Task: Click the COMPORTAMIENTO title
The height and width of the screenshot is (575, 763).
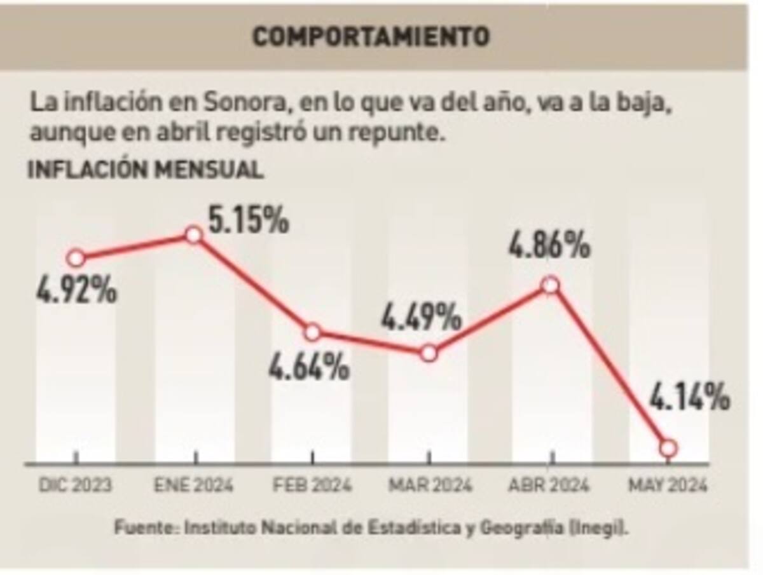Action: (371, 37)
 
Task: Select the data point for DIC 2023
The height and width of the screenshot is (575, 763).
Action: (76, 258)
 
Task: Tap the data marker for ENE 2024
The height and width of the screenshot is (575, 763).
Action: (194, 235)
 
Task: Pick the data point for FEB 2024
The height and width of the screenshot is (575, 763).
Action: (312, 332)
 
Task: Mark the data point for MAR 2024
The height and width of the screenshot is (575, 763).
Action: (429, 353)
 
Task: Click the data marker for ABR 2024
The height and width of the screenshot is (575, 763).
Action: (551, 285)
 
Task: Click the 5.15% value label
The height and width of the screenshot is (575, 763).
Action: (249, 220)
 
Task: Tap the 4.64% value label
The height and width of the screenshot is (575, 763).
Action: (308, 367)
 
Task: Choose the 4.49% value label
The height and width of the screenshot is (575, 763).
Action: (420, 316)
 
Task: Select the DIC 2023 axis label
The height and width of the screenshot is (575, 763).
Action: (76, 486)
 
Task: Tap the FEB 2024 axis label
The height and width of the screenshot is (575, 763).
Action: (312, 486)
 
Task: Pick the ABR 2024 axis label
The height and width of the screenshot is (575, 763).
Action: (549, 486)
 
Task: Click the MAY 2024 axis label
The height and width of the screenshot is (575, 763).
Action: (668, 486)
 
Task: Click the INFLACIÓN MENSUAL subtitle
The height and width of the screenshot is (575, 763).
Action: (145, 170)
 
